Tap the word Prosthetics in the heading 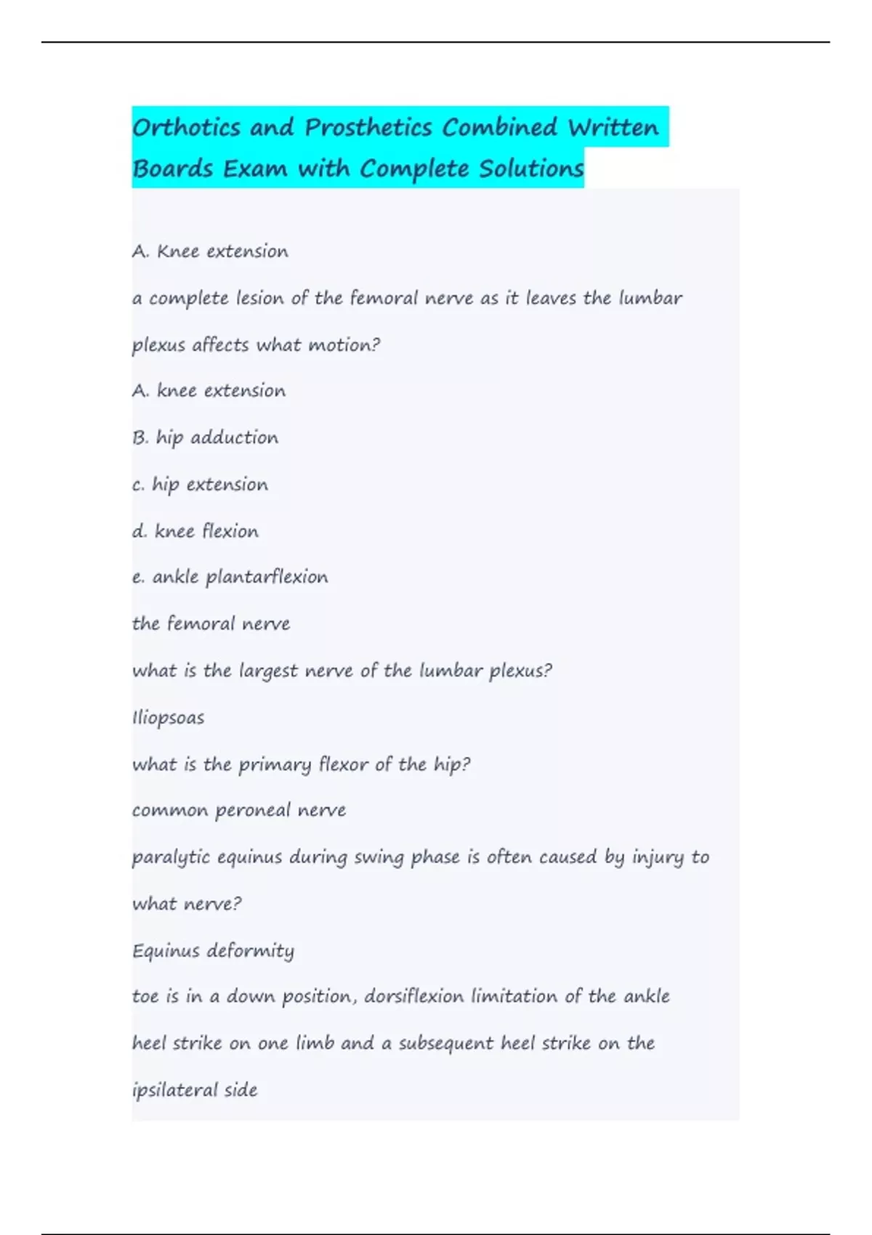coord(368,128)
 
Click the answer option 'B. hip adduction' coord(205,437)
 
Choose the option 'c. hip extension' coord(200,485)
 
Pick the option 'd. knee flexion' coord(195,531)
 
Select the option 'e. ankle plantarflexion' coord(230,577)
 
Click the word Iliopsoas coord(168,718)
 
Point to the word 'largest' coord(269,671)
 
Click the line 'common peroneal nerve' coord(238,810)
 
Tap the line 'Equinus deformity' coord(213,951)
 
